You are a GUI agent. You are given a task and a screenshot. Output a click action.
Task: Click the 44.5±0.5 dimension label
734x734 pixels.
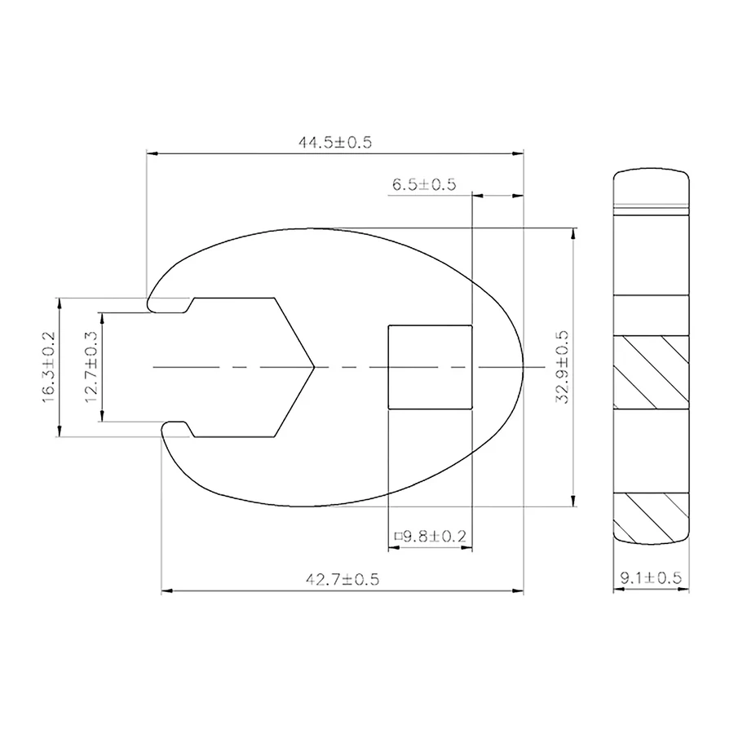point(335,142)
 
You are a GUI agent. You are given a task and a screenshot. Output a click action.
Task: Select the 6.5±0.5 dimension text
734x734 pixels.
point(424,184)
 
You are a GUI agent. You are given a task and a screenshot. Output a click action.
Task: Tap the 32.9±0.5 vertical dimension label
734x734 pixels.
point(562,367)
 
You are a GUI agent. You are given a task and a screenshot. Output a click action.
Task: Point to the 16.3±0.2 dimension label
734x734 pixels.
point(49,367)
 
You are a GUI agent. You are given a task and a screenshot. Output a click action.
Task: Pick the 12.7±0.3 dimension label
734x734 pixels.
point(91,367)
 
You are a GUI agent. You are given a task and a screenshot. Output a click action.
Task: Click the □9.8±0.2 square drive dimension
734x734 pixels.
point(430,536)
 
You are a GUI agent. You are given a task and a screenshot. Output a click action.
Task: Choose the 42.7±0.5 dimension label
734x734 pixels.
point(343,580)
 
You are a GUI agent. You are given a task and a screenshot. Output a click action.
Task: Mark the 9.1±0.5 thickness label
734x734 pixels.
point(651,578)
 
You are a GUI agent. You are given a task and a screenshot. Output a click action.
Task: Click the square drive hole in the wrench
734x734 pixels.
point(430,367)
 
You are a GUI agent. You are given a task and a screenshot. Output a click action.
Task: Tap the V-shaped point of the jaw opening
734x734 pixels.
point(314,367)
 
